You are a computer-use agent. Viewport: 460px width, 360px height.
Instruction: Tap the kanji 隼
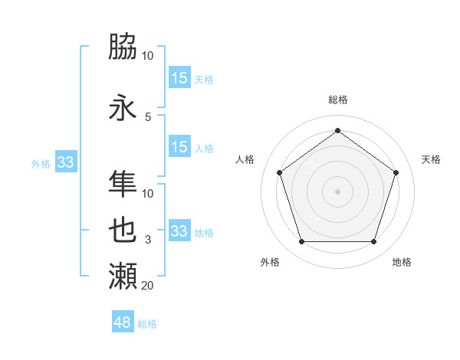point(123,183)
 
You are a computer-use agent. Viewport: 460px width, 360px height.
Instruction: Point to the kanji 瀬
point(123,275)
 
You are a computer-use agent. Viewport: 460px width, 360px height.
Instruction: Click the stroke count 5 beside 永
point(148,116)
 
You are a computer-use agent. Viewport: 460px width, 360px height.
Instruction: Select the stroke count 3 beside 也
point(148,240)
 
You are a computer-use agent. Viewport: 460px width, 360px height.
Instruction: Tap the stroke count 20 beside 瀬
point(148,286)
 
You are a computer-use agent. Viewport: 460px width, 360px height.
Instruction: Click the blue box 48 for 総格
point(123,322)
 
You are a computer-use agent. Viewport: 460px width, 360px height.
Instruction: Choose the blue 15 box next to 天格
point(179,77)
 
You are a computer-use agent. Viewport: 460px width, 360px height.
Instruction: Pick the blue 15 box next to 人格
point(179,147)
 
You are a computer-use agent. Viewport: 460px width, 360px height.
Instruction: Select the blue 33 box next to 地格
point(179,231)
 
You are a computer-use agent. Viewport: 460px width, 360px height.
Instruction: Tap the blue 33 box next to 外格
point(65,162)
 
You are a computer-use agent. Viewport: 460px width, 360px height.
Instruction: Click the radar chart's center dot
point(337,191)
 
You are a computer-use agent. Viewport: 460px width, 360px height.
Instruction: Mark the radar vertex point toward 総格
point(337,130)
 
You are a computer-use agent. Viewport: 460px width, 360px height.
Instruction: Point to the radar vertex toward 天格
point(396,172)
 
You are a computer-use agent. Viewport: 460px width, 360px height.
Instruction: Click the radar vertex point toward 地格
point(373,241)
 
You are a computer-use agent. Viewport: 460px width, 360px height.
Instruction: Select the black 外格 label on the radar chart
point(270,262)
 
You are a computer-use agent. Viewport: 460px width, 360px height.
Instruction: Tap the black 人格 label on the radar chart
point(245,159)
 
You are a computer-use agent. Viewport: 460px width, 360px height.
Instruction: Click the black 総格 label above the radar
point(337,100)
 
